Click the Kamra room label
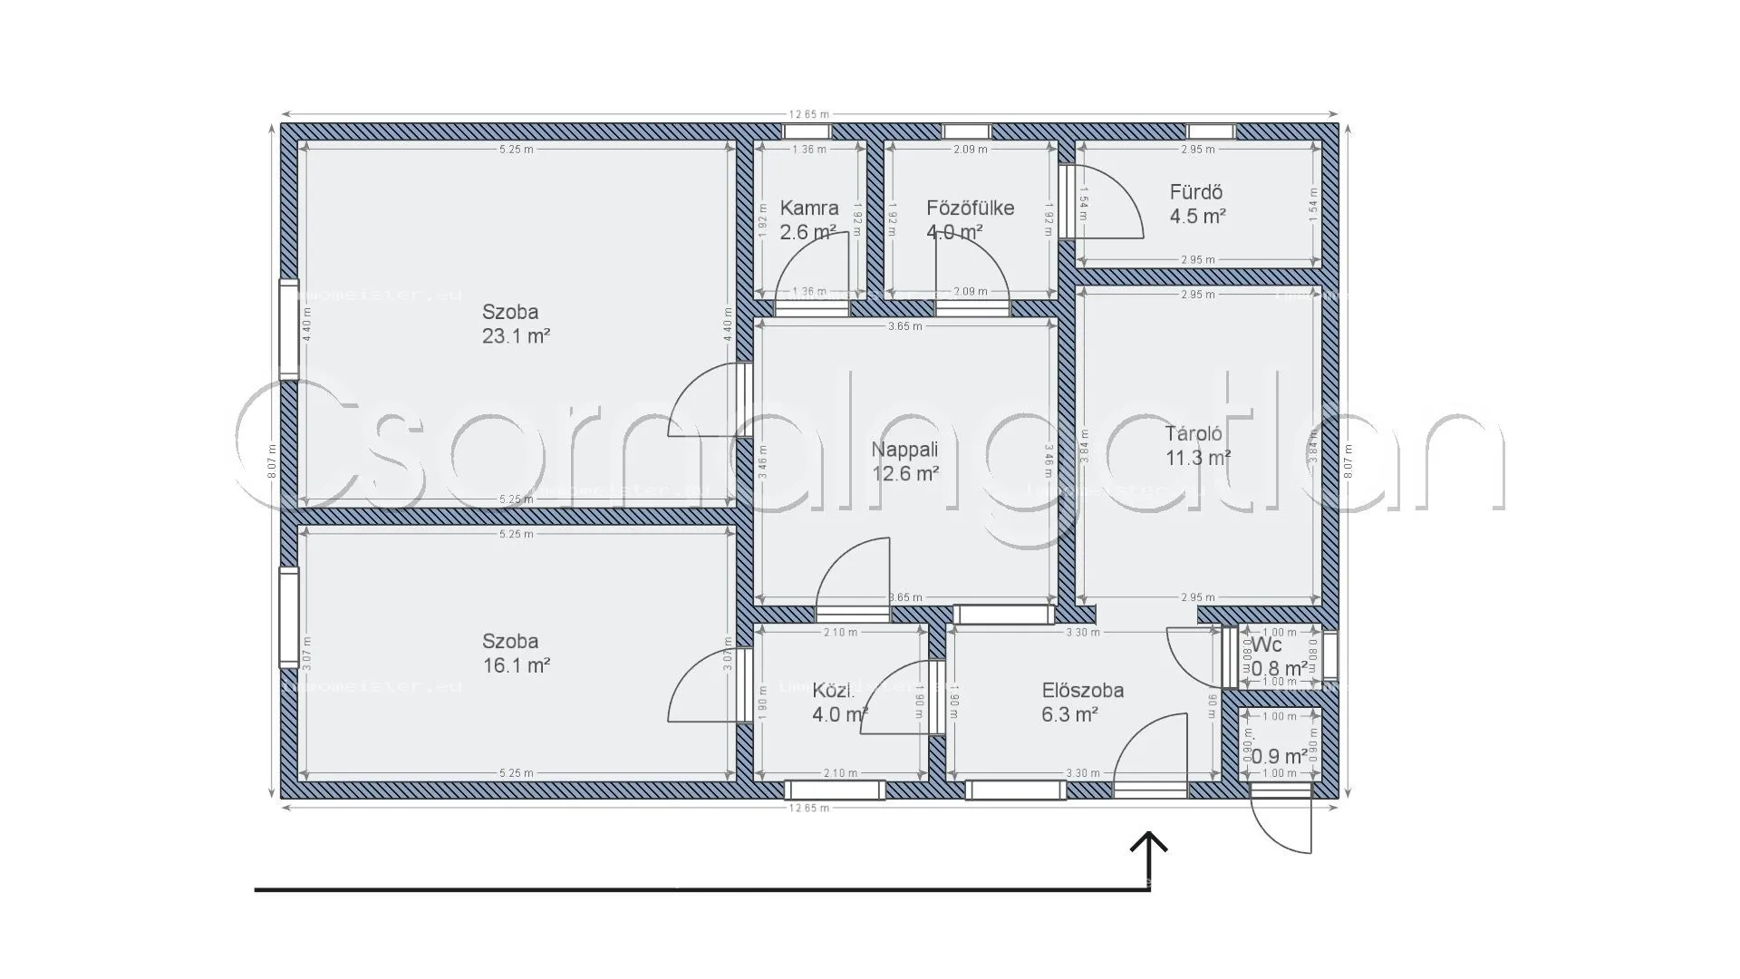(x=809, y=208)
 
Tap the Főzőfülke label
(x=970, y=208)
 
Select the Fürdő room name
(x=1195, y=193)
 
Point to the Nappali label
(x=904, y=450)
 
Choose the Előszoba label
(x=1082, y=691)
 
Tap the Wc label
(x=1267, y=645)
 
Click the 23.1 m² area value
(x=517, y=336)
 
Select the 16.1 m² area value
(x=517, y=665)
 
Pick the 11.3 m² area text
(x=1197, y=459)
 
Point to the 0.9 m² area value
(x=1279, y=756)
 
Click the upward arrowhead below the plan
(x=1149, y=843)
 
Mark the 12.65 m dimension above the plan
(x=808, y=115)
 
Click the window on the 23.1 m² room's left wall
(x=288, y=328)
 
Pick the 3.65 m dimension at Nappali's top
(x=904, y=326)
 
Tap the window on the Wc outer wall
(x=1329, y=654)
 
